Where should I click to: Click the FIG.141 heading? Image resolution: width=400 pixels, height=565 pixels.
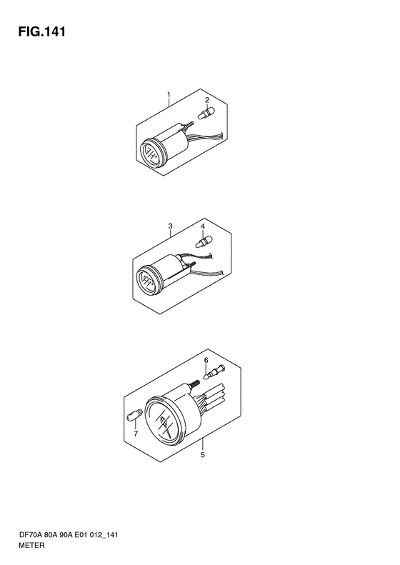click(x=42, y=32)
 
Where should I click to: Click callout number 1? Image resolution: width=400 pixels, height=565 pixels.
click(x=169, y=95)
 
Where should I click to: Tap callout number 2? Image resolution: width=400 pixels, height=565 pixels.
click(x=207, y=100)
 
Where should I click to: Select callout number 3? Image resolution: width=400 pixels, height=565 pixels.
click(x=170, y=226)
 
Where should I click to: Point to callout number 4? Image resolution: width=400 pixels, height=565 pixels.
click(x=203, y=226)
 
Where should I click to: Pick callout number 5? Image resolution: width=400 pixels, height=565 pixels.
click(x=203, y=455)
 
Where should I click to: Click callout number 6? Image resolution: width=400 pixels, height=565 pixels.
click(x=206, y=360)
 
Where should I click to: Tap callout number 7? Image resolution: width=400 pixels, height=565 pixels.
click(x=136, y=434)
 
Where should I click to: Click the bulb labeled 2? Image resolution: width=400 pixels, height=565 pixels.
click(x=206, y=113)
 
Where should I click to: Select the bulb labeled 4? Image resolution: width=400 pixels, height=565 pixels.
click(x=204, y=241)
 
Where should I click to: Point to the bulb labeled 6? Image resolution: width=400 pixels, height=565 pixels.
click(x=214, y=372)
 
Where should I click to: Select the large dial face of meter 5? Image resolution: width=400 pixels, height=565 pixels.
click(x=164, y=421)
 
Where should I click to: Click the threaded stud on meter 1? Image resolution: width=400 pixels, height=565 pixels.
click(x=189, y=125)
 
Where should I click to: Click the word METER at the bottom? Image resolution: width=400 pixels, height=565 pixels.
click(x=32, y=545)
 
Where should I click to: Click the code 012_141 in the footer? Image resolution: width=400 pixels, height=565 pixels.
click(x=104, y=535)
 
